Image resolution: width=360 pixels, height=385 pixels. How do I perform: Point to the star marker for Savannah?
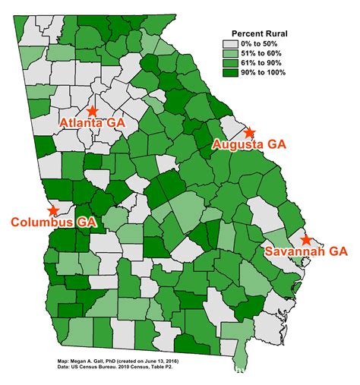(x=306, y=241)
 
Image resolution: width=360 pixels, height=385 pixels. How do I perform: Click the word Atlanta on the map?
(x=81, y=123)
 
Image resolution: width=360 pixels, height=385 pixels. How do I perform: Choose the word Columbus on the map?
(x=43, y=222)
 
